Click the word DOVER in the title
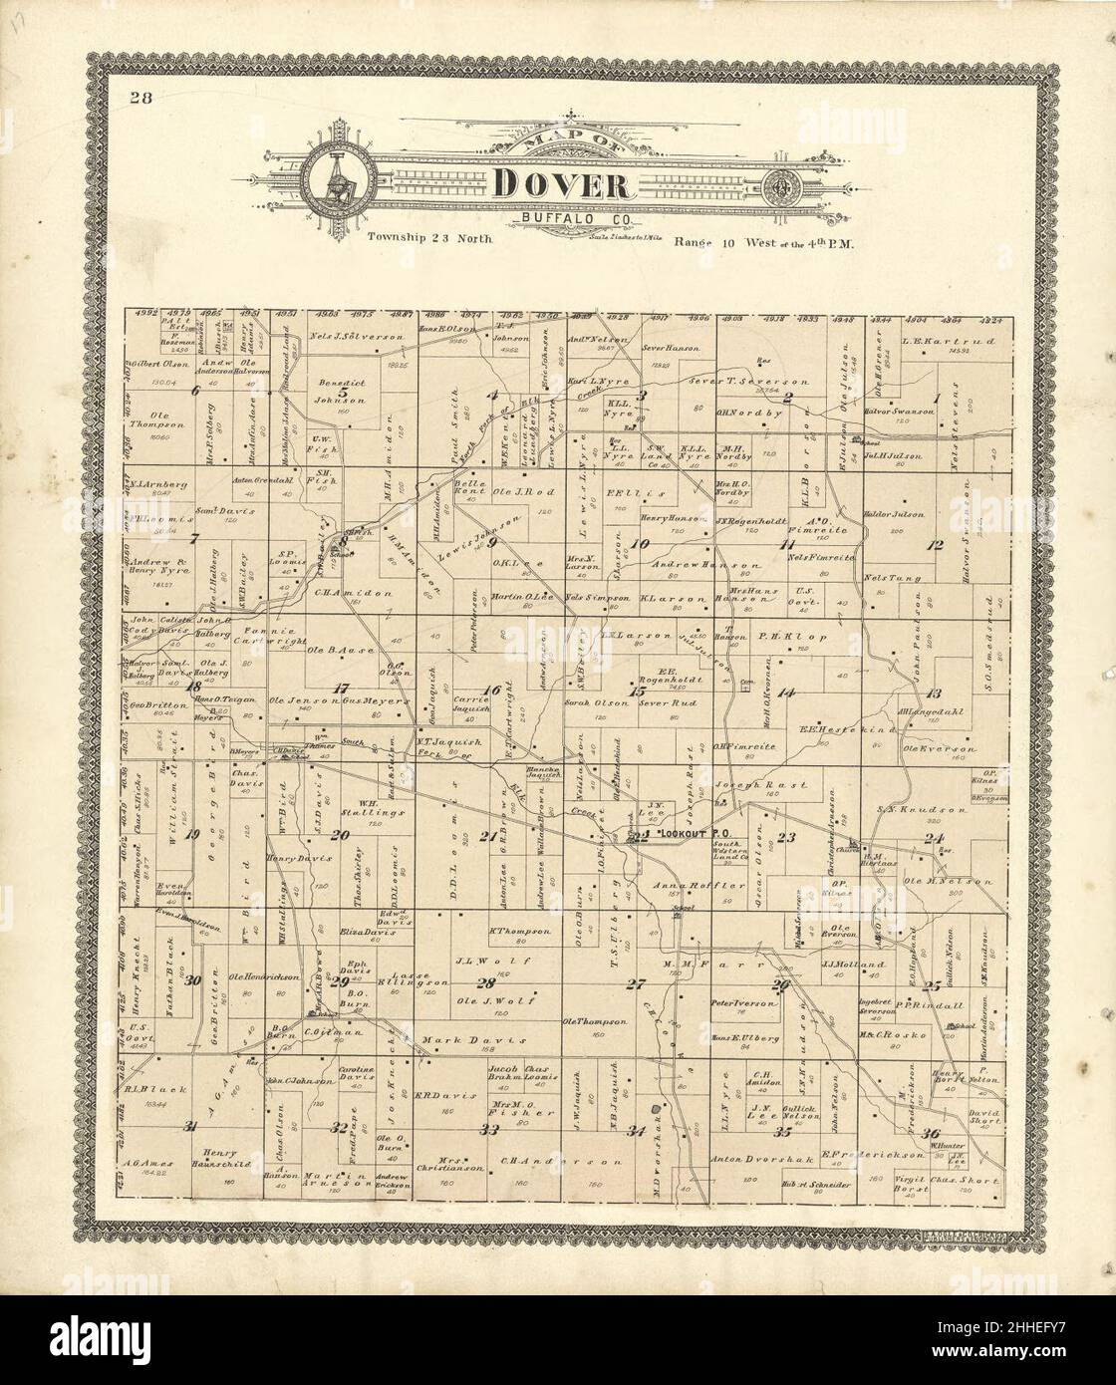coord(559,185)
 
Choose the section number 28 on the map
coord(485,982)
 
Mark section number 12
coord(935,544)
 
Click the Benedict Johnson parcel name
coord(336,391)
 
